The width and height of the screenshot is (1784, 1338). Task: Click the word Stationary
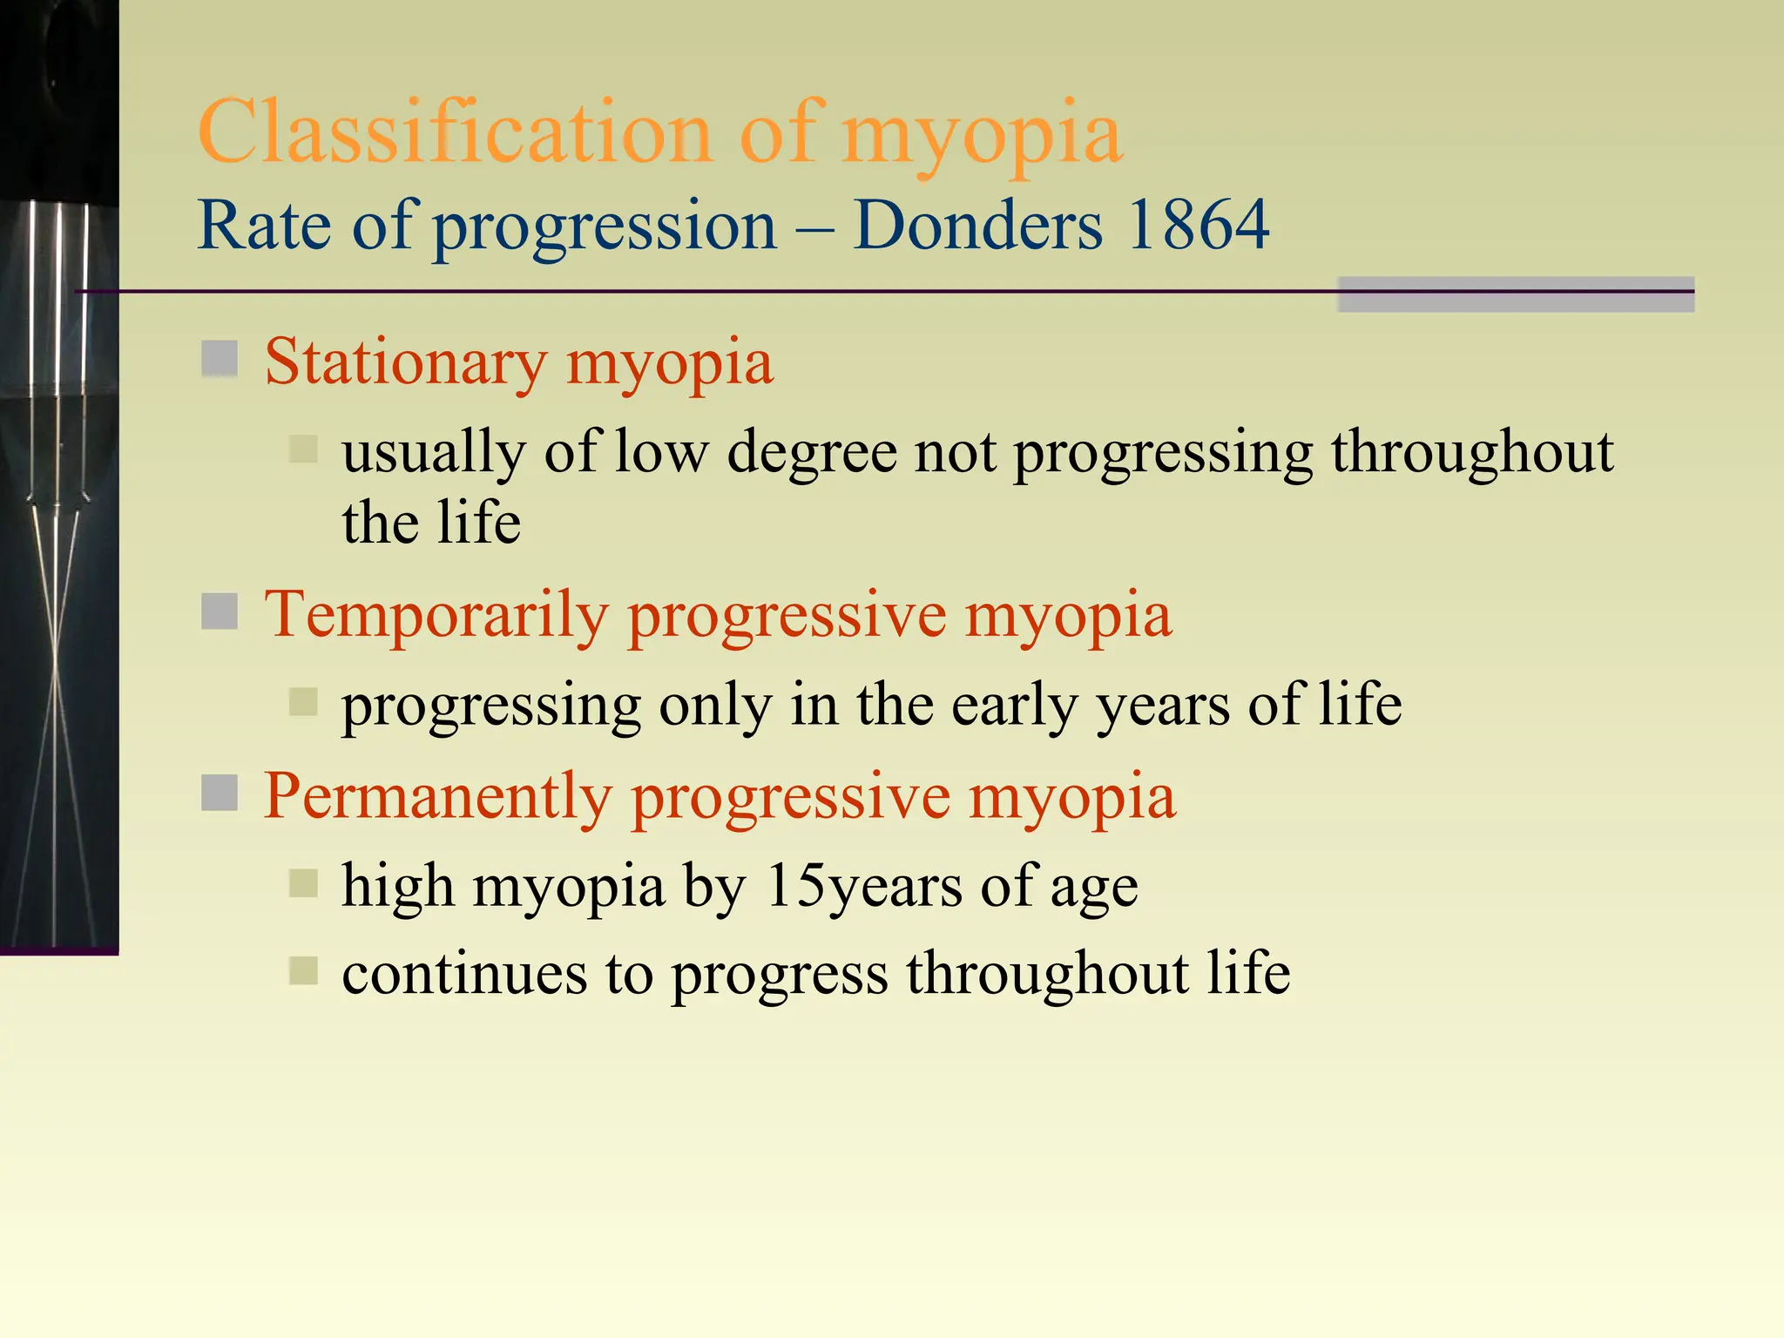(x=406, y=362)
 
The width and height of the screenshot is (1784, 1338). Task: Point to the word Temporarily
(x=436, y=614)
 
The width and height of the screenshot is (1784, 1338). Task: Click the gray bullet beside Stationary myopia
(x=220, y=358)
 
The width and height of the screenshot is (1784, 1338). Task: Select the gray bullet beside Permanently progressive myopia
(x=220, y=792)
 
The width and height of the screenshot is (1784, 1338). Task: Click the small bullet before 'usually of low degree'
(x=303, y=449)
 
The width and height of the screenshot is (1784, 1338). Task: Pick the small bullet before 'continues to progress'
(x=303, y=970)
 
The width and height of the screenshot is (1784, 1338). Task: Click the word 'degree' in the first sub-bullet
(x=812, y=453)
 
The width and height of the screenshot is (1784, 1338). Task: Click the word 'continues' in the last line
(x=463, y=973)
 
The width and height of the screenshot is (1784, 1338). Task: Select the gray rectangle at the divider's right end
(x=1516, y=294)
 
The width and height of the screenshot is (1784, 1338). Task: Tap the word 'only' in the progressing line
(x=715, y=706)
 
